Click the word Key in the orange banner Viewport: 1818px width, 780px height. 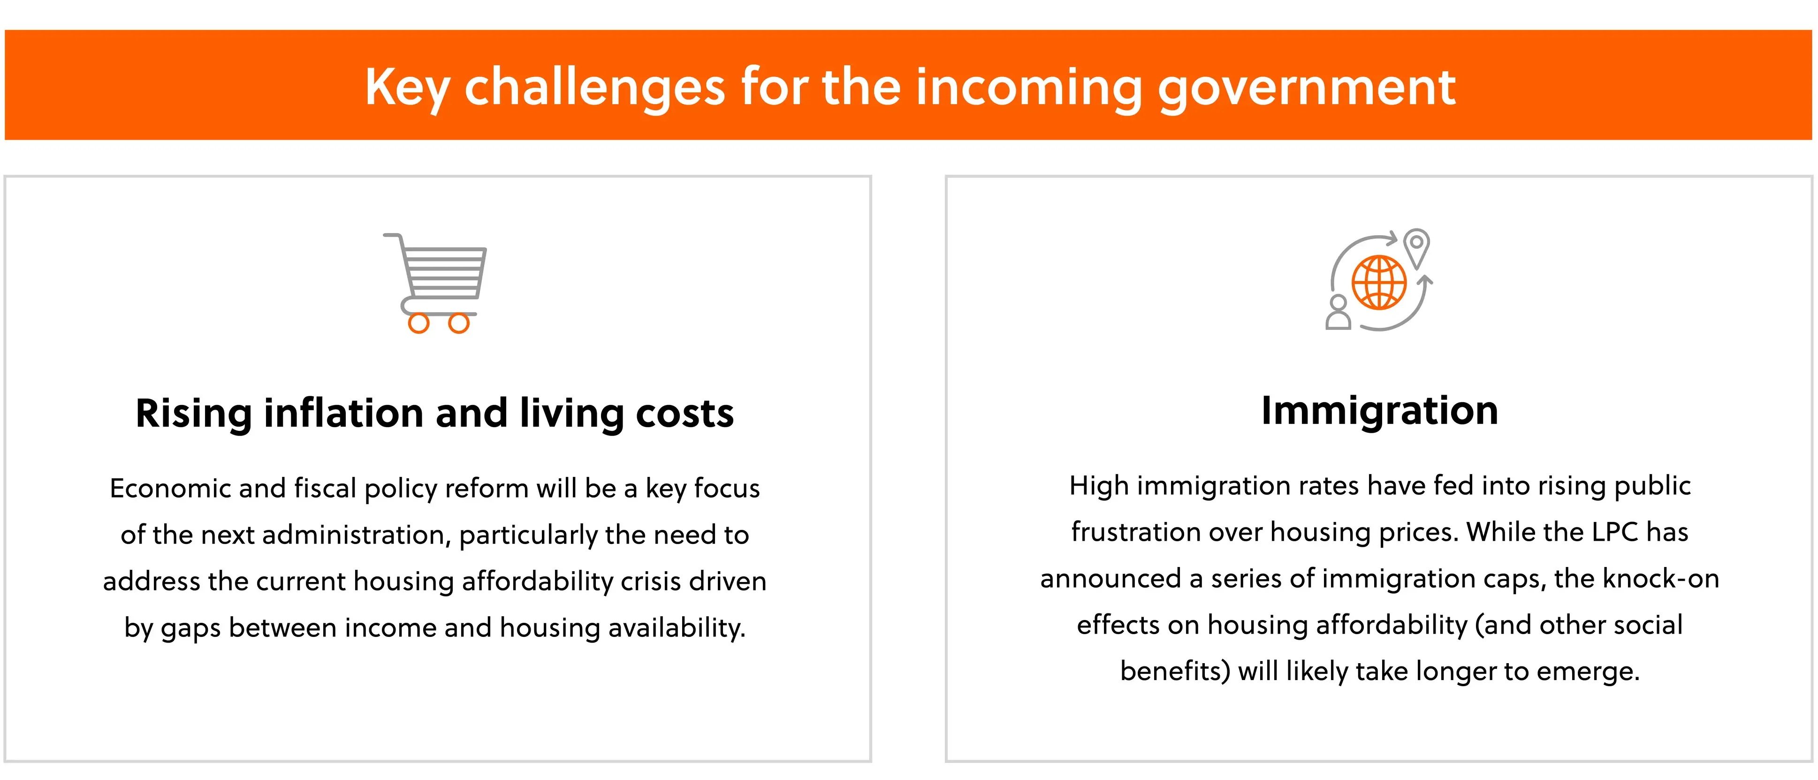(x=408, y=88)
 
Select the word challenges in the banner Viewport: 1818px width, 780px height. (x=594, y=88)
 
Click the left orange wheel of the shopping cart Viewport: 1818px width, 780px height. (x=418, y=323)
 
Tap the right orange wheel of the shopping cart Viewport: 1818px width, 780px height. (x=459, y=323)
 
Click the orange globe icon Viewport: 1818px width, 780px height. (x=1379, y=283)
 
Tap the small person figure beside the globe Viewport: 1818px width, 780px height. (x=1338, y=313)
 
